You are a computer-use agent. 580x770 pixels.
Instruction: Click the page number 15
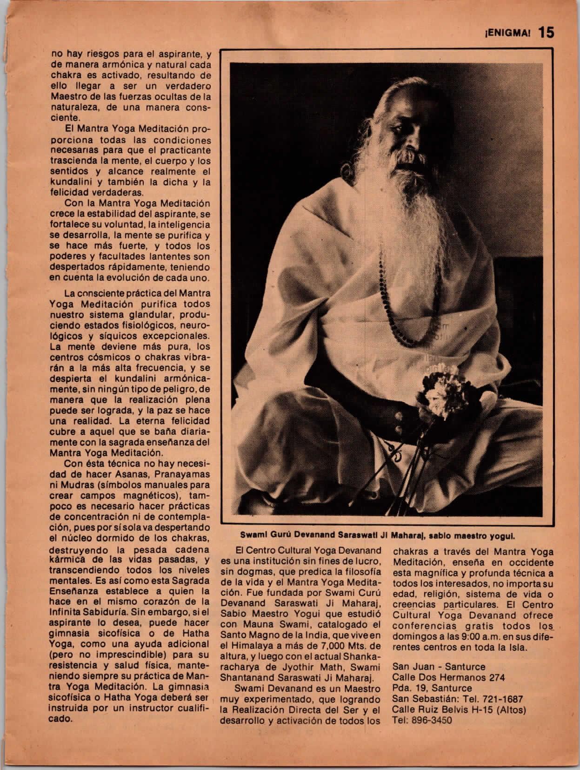[x=546, y=33]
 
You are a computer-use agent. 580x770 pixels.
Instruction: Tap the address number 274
[x=494, y=677]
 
